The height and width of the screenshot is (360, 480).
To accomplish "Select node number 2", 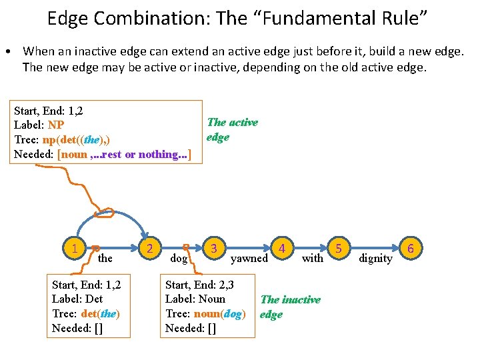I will pyautogui.click(x=151, y=249).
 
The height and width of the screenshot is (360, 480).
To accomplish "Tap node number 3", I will pyautogui.click(x=213, y=249).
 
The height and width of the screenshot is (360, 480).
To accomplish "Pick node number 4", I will pyautogui.click(x=283, y=249).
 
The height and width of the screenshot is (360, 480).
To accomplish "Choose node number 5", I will pyautogui.click(x=339, y=249).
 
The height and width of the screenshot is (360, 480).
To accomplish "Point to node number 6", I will pyautogui.click(x=411, y=249).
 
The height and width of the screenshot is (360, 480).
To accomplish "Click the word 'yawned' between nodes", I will pyautogui.click(x=249, y=258).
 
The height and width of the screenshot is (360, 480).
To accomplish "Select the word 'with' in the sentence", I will pyautogui.click(x=312, y=258).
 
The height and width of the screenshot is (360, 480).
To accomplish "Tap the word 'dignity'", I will pyautogui.click(x=375, y=258).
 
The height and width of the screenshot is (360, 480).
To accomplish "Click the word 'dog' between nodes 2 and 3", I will pyautogui.click(x=179, y=258).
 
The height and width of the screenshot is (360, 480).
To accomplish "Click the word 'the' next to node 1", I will pyautogui.click(x=105, y=258).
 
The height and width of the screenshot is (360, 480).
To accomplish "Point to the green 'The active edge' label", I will pyautogui.click(x=232, y=129).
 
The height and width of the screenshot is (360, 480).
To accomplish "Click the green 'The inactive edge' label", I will pyautogui.click(x=290, y=307).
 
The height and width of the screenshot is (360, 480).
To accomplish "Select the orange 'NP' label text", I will pyautogui.click(x=56, y=125).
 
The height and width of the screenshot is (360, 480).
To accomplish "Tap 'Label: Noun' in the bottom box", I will pyautogui.click(x=195, y=299).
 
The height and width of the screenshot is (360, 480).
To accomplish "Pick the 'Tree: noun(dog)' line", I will pyautogui.click(x=205, y=314).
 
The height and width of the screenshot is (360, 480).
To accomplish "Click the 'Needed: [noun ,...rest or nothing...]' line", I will pyautogui.click(x=103, y=155).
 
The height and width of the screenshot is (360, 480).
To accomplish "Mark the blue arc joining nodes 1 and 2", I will pyautogui.click(x=114, y=204).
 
